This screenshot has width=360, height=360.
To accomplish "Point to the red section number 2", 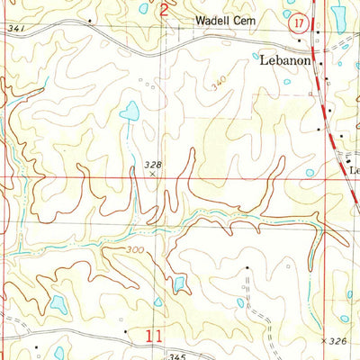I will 164,11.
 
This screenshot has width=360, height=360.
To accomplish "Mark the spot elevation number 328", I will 152,163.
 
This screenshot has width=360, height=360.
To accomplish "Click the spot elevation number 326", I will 337,342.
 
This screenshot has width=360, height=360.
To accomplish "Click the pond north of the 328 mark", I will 130,112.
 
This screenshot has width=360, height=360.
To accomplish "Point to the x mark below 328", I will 151,175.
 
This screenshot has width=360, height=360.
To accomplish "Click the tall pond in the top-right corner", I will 339,14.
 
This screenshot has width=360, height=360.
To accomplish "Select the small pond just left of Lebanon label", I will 256,56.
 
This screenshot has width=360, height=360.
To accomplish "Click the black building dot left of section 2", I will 91,17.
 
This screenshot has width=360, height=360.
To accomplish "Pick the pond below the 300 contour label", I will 179,283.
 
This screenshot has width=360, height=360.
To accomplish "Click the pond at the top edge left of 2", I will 144,8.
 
